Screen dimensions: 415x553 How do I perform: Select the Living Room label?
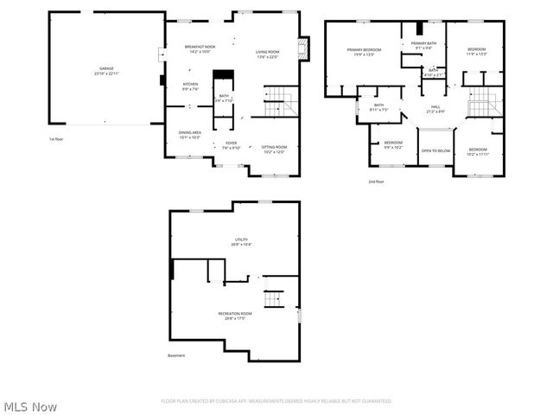267,54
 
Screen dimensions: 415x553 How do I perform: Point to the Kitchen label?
190,86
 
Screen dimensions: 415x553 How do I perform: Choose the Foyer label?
231,145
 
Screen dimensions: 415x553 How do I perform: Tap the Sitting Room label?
274,150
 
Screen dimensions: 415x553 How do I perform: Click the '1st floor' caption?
56,138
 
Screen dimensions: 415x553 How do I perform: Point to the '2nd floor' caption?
377,182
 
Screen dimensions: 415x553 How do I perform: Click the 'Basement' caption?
175,355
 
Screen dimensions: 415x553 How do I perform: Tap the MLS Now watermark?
30,406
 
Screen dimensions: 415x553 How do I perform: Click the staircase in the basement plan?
274,299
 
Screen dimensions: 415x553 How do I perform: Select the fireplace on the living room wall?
302,48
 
